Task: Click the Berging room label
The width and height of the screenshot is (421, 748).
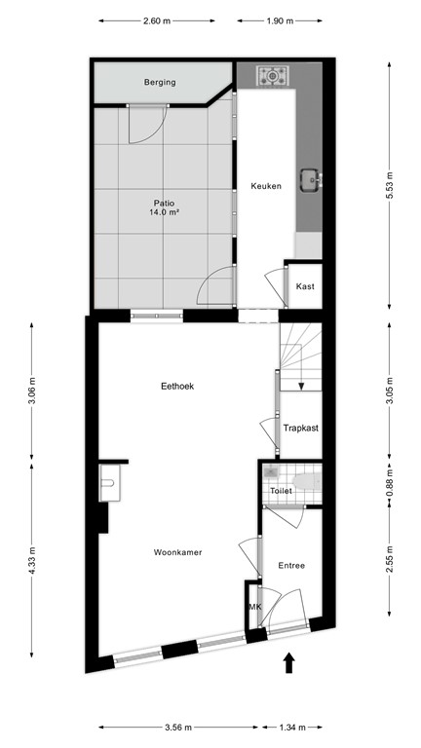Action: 159,83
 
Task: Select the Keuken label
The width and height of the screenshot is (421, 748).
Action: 266,186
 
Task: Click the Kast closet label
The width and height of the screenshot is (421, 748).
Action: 304,286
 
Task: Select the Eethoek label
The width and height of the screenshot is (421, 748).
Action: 177,386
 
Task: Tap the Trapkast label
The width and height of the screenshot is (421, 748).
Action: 301,428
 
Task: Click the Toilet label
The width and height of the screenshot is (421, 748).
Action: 281,492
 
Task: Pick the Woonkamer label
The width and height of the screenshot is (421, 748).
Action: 177,552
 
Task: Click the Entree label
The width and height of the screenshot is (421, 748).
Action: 291,565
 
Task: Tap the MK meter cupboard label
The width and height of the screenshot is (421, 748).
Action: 255,607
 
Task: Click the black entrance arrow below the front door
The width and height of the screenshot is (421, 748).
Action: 288,664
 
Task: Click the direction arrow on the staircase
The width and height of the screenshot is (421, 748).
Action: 301,385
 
